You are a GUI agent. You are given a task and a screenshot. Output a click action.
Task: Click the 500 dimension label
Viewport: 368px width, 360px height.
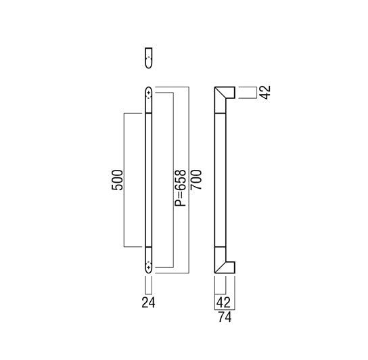tap(117, 180)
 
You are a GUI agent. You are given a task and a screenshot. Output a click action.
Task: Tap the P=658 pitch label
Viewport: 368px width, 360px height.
tap(181, 188)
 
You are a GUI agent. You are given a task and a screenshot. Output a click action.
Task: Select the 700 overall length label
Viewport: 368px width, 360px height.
tap(196, 179)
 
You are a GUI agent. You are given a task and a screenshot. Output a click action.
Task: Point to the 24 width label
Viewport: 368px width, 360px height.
tap(148, 302)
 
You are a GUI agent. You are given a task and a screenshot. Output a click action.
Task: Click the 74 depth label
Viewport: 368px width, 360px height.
tap(225, 317)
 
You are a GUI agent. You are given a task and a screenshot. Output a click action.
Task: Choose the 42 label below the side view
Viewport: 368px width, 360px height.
tap(223, 302)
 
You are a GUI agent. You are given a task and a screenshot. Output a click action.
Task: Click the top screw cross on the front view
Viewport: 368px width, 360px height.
tap(149, 93)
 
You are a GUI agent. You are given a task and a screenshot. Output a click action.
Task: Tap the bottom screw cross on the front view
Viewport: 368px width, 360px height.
tap(149, 267)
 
